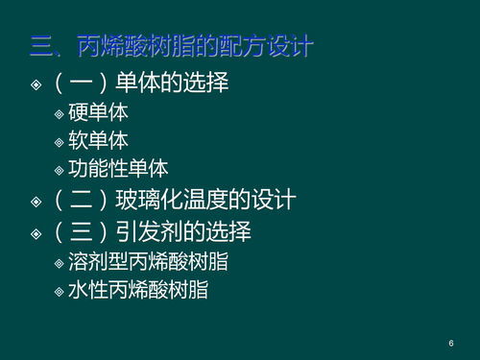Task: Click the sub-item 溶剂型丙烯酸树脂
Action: click(148, 261)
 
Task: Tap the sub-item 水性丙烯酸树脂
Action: click(138, 289)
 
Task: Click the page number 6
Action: click(450, 343)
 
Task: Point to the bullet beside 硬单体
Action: click(60, 114)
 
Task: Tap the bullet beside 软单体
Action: click(60, 142)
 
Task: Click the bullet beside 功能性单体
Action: click(60, 170)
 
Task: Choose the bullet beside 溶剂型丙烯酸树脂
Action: click(60, 262)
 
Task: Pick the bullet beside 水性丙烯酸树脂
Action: click(60, 290)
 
